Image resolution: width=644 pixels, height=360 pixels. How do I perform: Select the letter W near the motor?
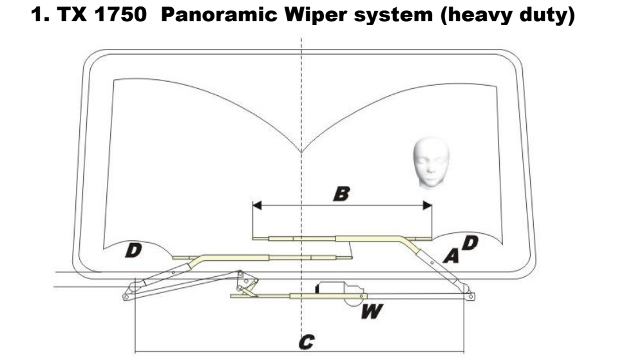coord(373,313)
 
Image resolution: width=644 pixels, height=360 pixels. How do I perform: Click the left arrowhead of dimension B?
coord(256,206)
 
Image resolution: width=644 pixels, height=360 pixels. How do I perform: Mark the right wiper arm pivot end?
coord(471,296)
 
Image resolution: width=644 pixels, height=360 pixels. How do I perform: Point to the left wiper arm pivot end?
coord(126,296)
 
